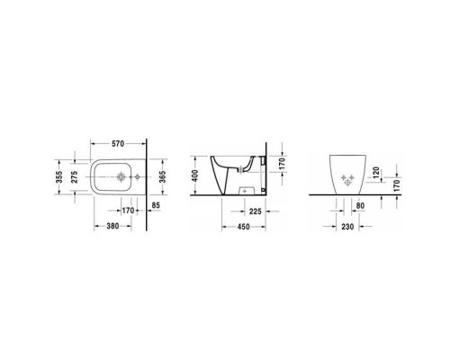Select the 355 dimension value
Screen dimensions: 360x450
click(x=59, y=179)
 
